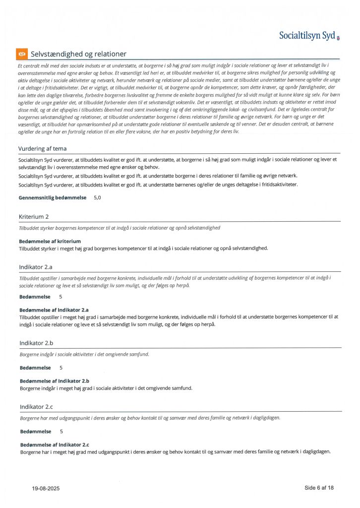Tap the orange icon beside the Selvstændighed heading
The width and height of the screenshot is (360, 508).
[21, 54]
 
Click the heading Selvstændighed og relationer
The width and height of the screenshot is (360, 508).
[78, 54]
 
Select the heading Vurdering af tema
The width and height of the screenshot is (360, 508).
[42, 148]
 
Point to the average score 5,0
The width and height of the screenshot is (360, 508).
[97, 197]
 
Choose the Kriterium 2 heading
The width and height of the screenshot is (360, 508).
[34, 217]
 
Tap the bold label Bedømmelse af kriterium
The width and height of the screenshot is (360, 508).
[50, 241]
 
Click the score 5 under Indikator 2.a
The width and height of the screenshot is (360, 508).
[60, 297]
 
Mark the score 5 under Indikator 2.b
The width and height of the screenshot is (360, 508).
[61, 368]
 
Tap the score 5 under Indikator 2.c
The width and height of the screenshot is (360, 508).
[61, 432]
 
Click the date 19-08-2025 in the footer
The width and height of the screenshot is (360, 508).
[46, 489]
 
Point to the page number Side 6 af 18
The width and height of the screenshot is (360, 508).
[319, 488]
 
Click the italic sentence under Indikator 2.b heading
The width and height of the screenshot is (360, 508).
[84, 354]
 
